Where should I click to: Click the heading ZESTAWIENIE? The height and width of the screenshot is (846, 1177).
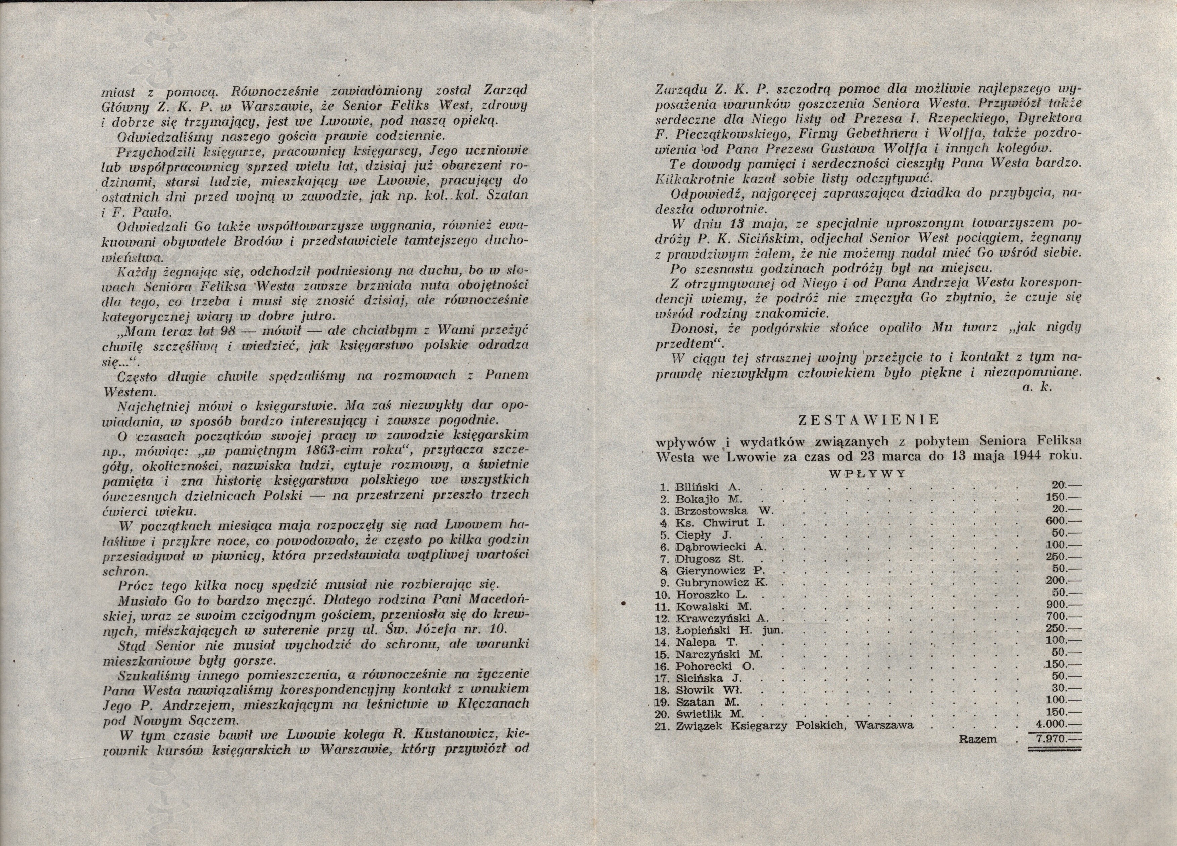868,419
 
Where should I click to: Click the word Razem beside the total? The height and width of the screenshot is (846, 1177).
978,739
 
